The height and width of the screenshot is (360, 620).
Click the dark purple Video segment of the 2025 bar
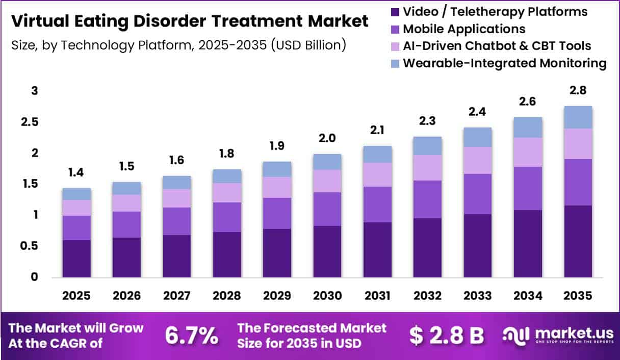(x=76, y=259)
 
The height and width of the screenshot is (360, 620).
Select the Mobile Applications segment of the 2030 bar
(x=327, y=209)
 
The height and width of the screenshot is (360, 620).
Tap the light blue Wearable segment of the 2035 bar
(x=578, y=117)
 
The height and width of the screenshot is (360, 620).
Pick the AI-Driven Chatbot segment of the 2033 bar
(x=478, y=160)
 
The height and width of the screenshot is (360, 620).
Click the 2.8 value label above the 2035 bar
(x=578, y=90)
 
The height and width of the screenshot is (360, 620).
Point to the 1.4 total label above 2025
(x=76, y=173)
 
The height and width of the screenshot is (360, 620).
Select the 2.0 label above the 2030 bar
(x=327, y=138)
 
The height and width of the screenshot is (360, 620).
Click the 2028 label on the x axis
(x=227, y=296)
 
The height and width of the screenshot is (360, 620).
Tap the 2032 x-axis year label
(x=427, y=296)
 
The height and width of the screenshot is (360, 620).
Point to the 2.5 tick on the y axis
(x=30, y=122)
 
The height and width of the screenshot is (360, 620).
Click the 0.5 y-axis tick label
(x=29, y=246)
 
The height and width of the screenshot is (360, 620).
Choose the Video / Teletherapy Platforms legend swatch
(x=395, y=12)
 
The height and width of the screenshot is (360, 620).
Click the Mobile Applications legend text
(x=464, y=29)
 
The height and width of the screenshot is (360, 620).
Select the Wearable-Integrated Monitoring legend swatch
(x=395, y=63)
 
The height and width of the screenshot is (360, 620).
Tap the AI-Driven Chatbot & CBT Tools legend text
(x=497, y=46)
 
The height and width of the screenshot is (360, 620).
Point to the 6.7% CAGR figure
(x=192, y=336)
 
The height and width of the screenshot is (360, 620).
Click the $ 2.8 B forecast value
(x=447, y=336)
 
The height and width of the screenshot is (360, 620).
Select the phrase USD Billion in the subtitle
(x=308, y=45)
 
